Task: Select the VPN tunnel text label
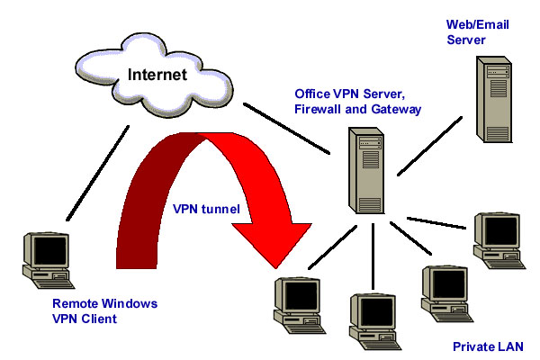pyautogui.click(x=206, y=208)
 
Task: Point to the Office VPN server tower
pyautogui.click(x=364, y=172)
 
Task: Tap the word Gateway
pyautogui.click(x=397, y=109)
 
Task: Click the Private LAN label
pyautogui.click(x=486, y=346)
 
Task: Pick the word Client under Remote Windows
pyautogui.click(x=98, y=318)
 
